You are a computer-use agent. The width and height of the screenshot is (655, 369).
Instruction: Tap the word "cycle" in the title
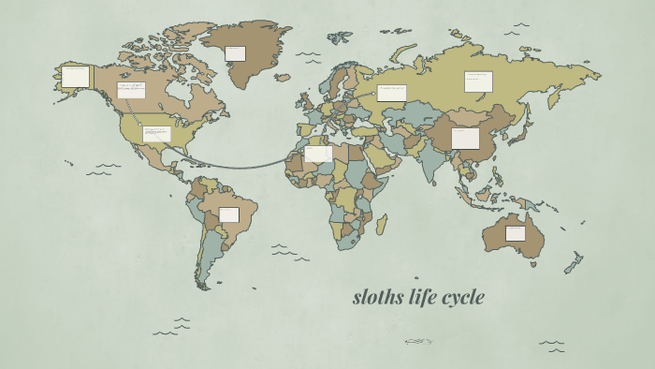463,298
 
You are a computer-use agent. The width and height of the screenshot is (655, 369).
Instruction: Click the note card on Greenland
235,53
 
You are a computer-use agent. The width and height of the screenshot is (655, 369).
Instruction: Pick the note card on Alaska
75,77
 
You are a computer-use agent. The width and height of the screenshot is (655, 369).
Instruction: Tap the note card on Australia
516,233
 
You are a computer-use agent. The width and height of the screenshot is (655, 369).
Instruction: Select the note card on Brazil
229,214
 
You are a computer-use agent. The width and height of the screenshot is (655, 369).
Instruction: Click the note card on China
465,139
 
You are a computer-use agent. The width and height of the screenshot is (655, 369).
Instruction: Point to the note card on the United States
155,133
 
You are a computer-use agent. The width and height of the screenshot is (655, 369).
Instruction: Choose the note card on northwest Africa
318,154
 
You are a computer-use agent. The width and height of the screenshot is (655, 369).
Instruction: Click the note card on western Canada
131,90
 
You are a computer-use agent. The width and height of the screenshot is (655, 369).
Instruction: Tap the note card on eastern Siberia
478,81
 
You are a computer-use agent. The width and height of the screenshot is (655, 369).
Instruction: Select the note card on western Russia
391,93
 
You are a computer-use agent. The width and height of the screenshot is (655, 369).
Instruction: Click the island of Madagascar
381,224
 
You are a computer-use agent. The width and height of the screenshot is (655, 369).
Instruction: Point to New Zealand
574,262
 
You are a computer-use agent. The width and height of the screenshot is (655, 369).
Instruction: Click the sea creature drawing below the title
418,342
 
